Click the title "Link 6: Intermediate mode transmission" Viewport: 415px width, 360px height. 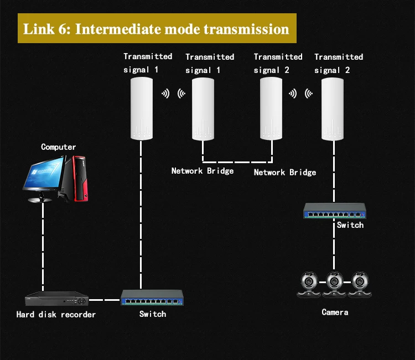coord(156,29)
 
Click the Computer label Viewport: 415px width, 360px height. coord(58,147)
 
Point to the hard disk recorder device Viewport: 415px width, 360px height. coord(56,299)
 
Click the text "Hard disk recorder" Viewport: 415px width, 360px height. coord(56,315)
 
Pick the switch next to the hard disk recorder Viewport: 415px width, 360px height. coord(152,298)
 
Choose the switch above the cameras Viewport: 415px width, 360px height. coord(335,211)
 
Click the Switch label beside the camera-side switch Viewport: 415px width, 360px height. coord(350,225)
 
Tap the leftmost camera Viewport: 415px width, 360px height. coord(309,284)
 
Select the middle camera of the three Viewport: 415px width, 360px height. coord(334,284)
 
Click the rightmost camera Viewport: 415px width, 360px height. coord(360,284)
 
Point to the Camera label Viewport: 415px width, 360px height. coord(335,312)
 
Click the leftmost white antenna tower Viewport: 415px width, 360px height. coord(142,108)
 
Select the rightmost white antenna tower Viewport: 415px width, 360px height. coord(333,109)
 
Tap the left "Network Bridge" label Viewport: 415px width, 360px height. coord(203,171)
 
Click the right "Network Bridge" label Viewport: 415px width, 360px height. coord(285,173)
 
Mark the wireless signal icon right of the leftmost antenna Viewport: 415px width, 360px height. coord(165,93)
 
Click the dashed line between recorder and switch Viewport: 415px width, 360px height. coord(105,300)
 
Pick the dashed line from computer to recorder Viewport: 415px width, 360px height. coord(43,247)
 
